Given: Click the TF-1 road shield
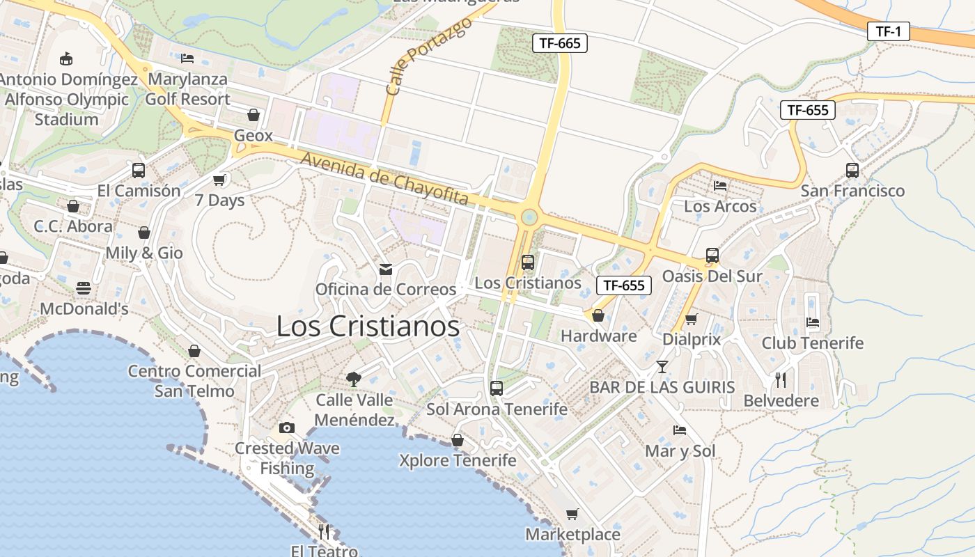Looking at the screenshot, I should (889, 31).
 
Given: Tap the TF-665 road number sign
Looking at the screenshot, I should (560, 43).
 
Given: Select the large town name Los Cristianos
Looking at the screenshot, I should (368, 326).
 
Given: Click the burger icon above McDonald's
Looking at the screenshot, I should (84, 288).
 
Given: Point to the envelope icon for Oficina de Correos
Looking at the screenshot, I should (385, 269).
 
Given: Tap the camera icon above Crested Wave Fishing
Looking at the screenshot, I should (286, 427).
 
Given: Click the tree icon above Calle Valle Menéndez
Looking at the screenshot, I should (354, 379).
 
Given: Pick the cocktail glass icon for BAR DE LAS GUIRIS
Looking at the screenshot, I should (662, 366).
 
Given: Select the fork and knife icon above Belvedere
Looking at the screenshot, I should (781, 380).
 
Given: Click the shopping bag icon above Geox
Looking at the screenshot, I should (253, 115).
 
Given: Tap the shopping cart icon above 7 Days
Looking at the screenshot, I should (220, 180).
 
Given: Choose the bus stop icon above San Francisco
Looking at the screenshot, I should (852, 171).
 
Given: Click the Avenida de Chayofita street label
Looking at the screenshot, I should (384, 179).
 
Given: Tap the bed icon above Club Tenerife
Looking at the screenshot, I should (812, 322).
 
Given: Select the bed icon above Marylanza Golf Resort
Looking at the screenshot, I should (187, 58).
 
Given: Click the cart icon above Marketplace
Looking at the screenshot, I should (572, 514).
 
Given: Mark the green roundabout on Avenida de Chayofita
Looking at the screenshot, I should (529, 217).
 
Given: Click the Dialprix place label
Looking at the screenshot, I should (692, 339).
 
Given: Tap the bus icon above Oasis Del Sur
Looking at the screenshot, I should (712, 256).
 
